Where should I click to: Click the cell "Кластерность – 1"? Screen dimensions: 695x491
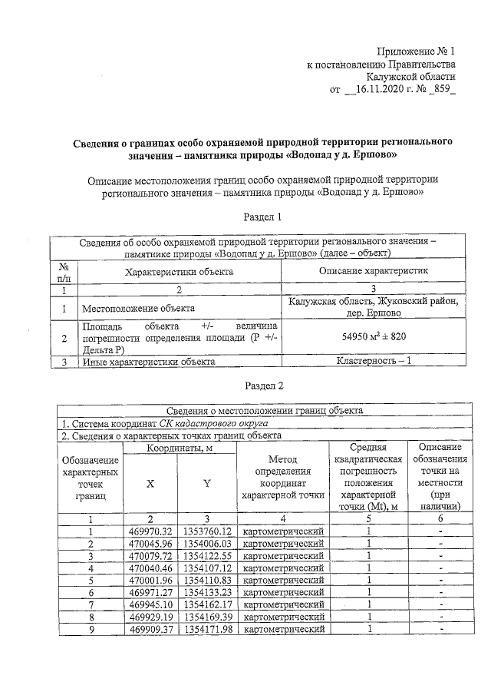[x=374, y=361]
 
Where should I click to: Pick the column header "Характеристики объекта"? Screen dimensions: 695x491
[x=180, y=271]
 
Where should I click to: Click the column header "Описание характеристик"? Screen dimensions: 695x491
[x=374, y=271]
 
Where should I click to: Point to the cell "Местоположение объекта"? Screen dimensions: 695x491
[x=138, y=309]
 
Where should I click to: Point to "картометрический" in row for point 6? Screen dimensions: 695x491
[x=282, y=593]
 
